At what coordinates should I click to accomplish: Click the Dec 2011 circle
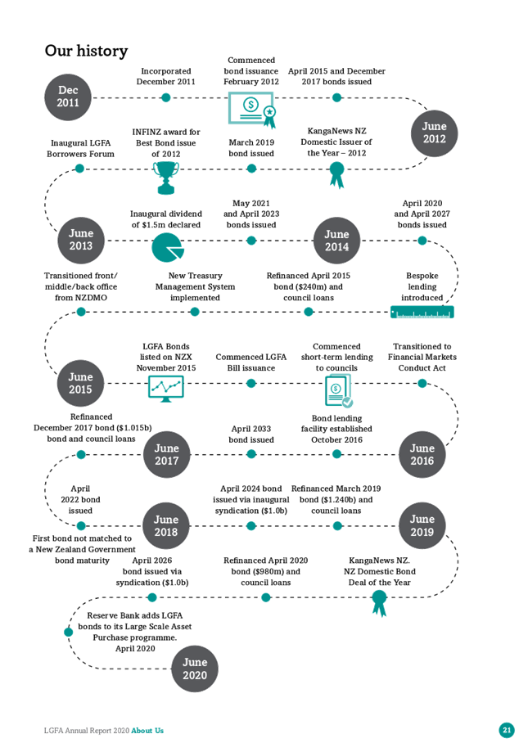(68, 97)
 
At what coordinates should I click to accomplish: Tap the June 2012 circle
(434, 133)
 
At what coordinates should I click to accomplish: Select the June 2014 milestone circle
(336, 241)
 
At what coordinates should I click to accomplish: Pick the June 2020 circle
(195, 669)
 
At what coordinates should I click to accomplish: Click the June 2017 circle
(166, 454)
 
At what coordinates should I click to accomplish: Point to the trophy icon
(166, 178)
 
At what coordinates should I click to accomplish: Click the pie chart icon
(167, 247)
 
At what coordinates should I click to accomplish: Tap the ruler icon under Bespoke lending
(422, 313)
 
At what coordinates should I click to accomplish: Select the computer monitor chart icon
(166, 389)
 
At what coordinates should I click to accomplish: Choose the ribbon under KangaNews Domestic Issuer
(336, 174)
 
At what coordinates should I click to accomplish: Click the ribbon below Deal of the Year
(379, 603)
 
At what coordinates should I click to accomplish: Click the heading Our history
(86, 51)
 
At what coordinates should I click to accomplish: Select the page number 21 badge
(507, 730)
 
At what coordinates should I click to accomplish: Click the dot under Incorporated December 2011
(166, 98)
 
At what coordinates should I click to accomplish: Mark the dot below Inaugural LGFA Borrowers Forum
(79, 169)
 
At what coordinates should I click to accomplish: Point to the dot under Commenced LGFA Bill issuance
(250, 383)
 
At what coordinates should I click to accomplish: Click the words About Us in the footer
(147, 731)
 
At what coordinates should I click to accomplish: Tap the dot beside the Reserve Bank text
(69, 632)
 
